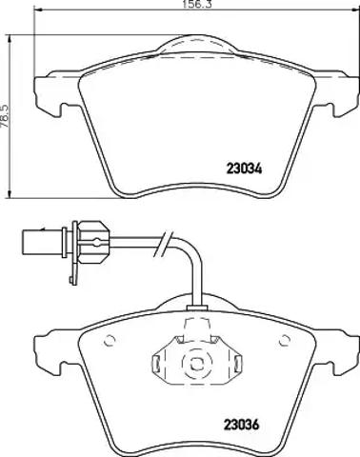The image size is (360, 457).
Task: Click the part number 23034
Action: pyautogui.click(x=244, y=169)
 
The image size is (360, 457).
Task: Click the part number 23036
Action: pyautogui.click(x=242, y=425)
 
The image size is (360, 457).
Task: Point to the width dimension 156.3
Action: pyautogui.click(x=197, y=4)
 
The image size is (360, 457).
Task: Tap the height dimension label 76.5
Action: pyautogui.click(x=5, y=116)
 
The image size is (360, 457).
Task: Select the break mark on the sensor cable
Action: pyautogui.click(x=164, y=244)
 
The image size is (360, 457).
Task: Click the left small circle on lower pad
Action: pyautogui.click(x=110, y=341)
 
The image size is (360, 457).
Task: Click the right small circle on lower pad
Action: pyautogui.click(x=285, y=340)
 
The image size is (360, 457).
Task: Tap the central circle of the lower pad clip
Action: pyautogui.click(x=196, y=364)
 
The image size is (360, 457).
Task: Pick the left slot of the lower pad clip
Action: pyautogui.click(x=156, y=364)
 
